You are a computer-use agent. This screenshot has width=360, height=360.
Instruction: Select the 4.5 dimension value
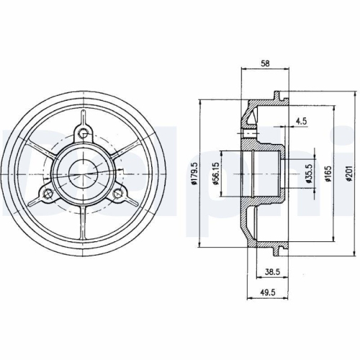pyautogui.click(x=301, y=122)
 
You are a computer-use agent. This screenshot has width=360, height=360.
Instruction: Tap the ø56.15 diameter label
pyautogui.click(x=216, y=174)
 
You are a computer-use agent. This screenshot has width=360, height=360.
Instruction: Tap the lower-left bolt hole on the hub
pyautogui.click(x=47, y=192)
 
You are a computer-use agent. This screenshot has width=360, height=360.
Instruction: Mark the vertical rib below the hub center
pyautogui.click(x=84, y=223)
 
